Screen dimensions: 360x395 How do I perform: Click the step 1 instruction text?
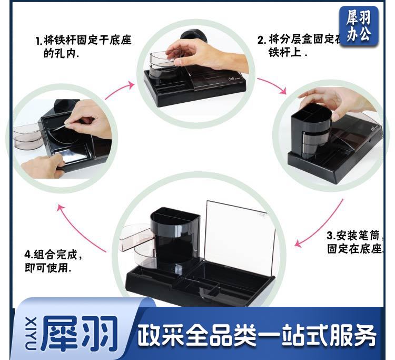tap(83, 47)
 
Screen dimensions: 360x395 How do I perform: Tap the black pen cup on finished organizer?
tap(174, 237)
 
